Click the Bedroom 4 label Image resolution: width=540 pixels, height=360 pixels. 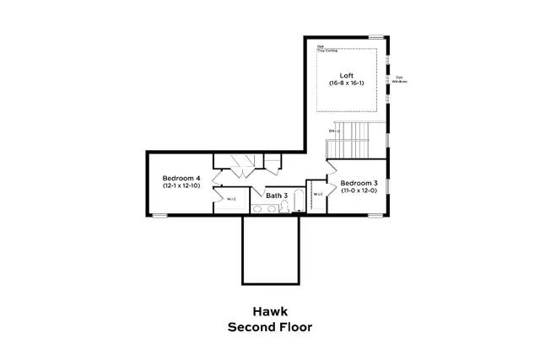click(x=181, y=178)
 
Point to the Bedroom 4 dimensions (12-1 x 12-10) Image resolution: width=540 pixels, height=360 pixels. click(x=181, y=185)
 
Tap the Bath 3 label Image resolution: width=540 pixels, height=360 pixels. click(x=277, y=196)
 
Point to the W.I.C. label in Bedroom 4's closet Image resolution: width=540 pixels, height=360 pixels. click(x=230, y=200)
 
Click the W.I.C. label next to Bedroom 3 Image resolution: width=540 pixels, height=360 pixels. click(x=318, y=195)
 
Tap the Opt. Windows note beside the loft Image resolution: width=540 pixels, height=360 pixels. click(x=400, y=79)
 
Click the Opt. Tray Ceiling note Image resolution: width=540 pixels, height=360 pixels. click(x=327, y=48)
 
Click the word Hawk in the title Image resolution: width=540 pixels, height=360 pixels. click(x=269, y=310)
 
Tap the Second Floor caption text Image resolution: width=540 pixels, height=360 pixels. click(x=269, y=326)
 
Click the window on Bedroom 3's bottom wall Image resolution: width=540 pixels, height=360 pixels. click(x=375, y=215)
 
